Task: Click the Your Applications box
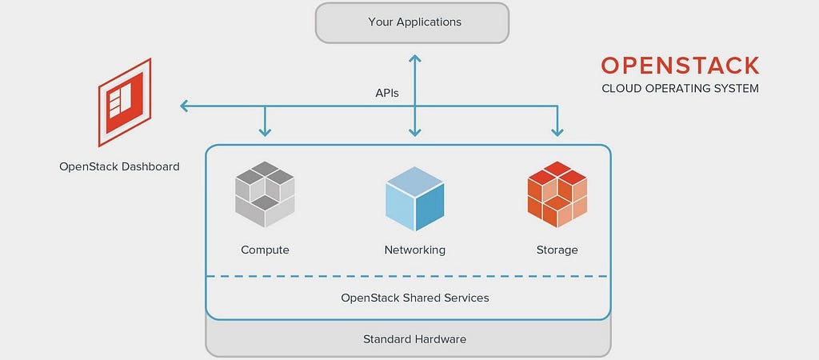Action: (x=412, y=22)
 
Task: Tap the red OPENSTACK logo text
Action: (x=680, y=66)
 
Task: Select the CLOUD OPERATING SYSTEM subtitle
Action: (x=680, y=88)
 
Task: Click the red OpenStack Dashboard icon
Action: (x=125, y=102)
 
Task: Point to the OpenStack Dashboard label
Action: (x=120, y=166)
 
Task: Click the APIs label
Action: (x=387, y=93)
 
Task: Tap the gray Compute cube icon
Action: (x=265, y=194)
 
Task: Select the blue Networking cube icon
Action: (x=415, y=198)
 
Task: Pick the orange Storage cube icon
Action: (x=557, y=194)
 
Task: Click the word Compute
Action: (x=265, y=250)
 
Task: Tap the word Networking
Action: (x=415, y=250)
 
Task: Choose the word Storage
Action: (x=557, y=250)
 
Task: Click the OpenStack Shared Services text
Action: (x=415, y=298)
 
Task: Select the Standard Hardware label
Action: (x=415, y=339)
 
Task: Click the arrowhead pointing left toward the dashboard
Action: (x=184, y=106)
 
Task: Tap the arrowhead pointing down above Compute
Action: (x=265, y=133)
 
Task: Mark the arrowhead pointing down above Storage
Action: (x=557, y=133)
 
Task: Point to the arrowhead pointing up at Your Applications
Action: (x=415, y=58)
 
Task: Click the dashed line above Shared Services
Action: (x=408, y=276)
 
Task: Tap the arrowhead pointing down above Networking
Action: (x=415, y=133)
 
